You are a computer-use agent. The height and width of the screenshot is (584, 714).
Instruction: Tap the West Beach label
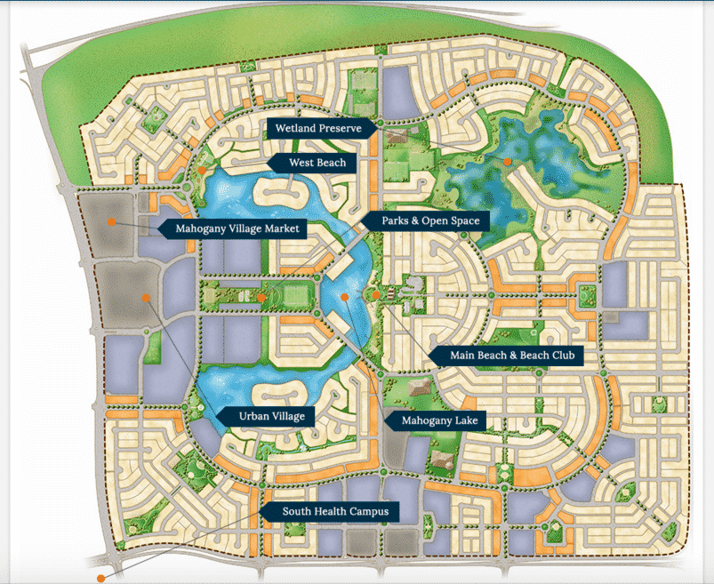(317, 163)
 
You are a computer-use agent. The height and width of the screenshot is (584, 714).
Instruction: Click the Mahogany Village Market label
(234, 229)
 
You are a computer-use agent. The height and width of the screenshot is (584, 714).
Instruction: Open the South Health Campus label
(329, 511)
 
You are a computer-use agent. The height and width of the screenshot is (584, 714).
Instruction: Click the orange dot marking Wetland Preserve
(507, 162)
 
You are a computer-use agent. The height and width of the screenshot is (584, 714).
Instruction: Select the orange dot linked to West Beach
(203, 169)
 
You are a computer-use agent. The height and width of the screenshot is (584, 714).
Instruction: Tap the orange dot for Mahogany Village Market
(111, 220)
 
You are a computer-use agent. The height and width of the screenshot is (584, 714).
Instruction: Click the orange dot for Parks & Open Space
(262, 297)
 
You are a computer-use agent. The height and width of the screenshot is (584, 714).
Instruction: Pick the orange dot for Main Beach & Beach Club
(376, 295)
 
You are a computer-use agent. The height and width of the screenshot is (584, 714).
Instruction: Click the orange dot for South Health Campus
(101, 578)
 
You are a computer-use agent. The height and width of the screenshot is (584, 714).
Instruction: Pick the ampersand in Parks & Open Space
(421, 220)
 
